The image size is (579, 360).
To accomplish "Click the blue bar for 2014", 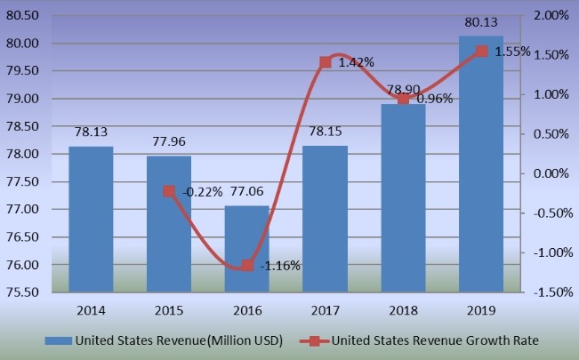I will (x=91, y=219).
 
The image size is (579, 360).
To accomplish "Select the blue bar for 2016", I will (x=246, y=249).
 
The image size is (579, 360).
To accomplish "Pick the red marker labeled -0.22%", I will (x=169, y=191).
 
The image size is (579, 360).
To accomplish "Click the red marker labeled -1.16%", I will (x=246, y=265).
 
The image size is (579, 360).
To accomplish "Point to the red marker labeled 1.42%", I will (x=325, y=62).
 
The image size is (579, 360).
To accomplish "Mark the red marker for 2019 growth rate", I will (x=481, y=52).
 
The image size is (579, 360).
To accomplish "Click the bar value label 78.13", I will (x=91, y=131).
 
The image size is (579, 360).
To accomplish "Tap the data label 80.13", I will (x=481, y=20).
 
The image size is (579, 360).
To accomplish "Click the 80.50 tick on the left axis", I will (x=22, y=16).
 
